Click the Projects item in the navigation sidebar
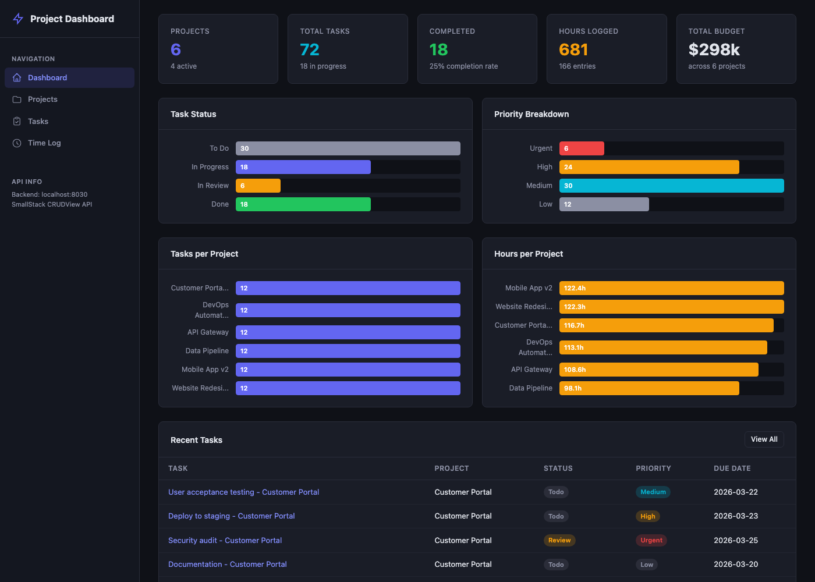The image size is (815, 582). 42,100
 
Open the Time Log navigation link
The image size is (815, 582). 44,143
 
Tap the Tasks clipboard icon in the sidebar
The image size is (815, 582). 17,122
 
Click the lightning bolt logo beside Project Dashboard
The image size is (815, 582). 18,19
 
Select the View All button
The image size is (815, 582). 764,439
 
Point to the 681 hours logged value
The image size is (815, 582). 573,50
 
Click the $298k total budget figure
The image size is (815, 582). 714,50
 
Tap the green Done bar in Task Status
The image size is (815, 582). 303,204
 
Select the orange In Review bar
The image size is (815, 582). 258,186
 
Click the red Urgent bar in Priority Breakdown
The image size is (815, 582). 582,148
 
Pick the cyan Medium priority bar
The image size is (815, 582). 671,186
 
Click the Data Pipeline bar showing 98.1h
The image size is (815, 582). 649,388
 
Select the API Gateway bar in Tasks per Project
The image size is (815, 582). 348,332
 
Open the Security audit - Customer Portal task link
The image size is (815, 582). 225,541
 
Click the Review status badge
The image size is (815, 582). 559,541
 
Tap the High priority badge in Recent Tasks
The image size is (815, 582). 647,516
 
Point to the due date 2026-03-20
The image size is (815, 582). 736,565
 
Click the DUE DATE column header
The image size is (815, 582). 732,469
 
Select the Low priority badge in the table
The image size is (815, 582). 646,565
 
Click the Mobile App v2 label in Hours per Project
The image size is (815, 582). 528,288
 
